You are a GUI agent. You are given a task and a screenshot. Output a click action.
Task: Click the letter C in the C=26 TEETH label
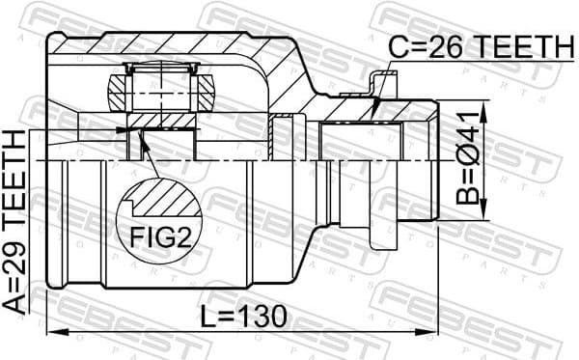[x=397, y=45]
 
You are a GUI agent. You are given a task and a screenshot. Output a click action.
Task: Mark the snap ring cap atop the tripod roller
[x=161, y=68]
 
